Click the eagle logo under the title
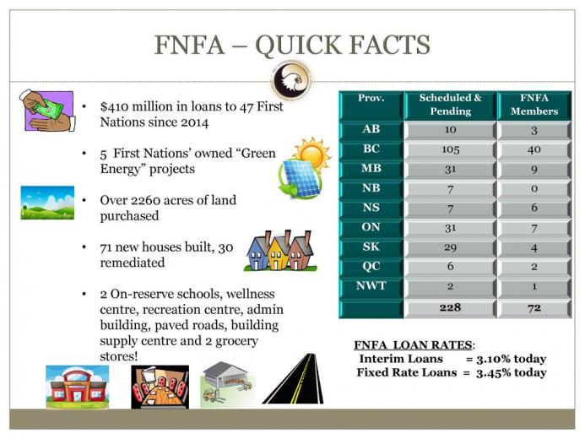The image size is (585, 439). tap(292, 80)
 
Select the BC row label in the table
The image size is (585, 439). tap(371, 149)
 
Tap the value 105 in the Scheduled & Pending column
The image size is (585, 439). tap(450, 149)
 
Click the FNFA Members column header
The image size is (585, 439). tap(534, 105)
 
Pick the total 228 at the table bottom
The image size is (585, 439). tap(450, 307)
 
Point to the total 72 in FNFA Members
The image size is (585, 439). tap(534, 307)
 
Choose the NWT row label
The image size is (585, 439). tap(371, 285)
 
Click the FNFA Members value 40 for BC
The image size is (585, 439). tap(534, 149)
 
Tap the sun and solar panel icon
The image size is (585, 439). tap(305, 167)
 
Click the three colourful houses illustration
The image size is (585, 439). tap(280, 251)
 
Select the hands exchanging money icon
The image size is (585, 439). tap(47, 111)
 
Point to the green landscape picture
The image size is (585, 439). tap(47, 203)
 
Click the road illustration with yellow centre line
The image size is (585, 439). tap(293, 378)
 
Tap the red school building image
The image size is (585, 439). tap(77, 387)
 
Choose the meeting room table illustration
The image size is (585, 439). tap(160, 387)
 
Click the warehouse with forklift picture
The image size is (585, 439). tap(228, 384)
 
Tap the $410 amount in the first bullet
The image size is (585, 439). tap(114, 106)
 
